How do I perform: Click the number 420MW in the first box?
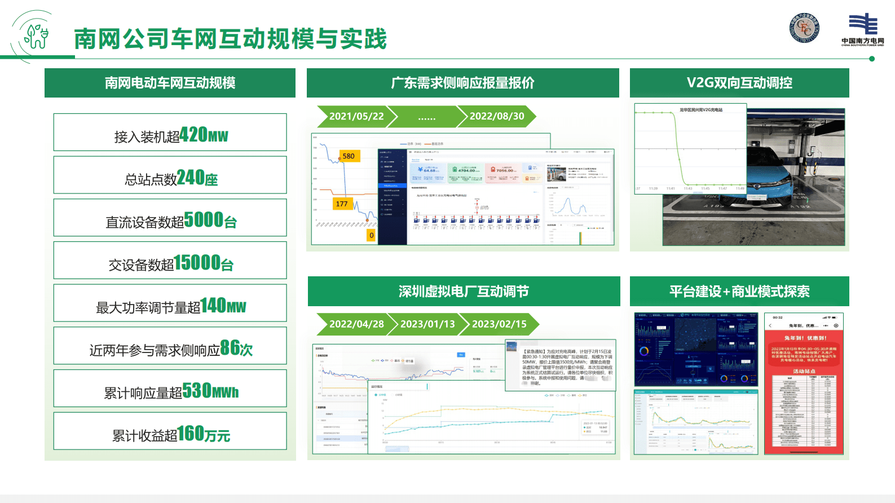204,135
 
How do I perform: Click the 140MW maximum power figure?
223,306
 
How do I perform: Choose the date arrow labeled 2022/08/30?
497,116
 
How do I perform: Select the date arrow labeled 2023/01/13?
427,324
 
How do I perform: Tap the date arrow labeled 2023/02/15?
499,324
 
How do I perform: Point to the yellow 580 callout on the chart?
349,156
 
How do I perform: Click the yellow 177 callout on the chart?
342,204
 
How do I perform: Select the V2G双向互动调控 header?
739,83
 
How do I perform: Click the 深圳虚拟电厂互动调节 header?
464,292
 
